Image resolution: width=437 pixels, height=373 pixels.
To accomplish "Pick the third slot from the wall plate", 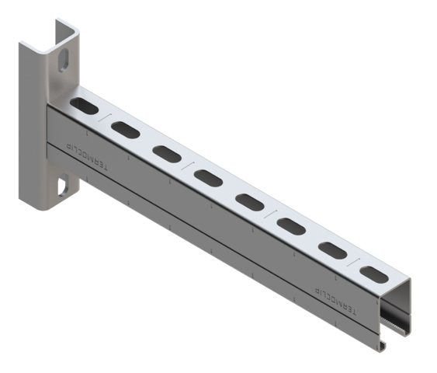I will [166, 152].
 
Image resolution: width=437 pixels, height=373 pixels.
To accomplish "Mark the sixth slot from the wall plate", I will [292, 226].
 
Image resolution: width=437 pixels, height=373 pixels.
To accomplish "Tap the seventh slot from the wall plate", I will [333, 250].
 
